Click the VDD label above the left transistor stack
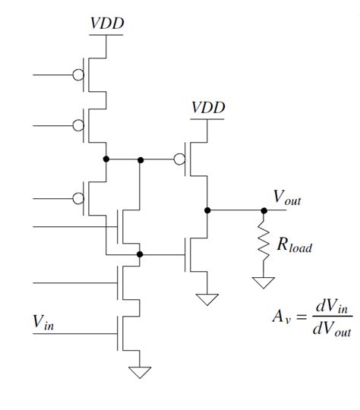click(107, 24)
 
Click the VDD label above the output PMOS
click(208, 108)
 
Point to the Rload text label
click(295, 245)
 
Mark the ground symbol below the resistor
click(264, 282)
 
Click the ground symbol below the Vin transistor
click(140, 372)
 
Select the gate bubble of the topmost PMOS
click(78, 75)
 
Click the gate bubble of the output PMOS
click(179, 159)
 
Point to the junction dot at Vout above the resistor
click(264, 209)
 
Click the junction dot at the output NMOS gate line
click(140, 255)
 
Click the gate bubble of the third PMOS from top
click(78, 199)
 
